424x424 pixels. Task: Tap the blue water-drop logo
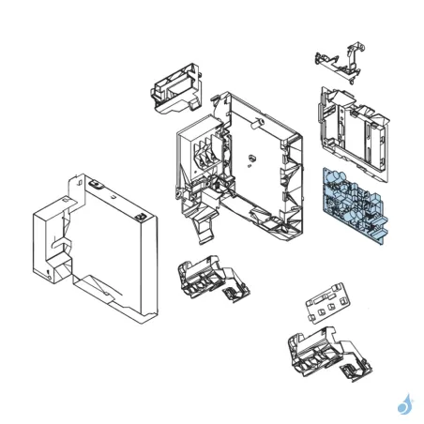point(405,404)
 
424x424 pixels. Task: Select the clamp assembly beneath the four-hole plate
point(314,352)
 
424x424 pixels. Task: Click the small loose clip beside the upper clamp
point(232,293)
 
